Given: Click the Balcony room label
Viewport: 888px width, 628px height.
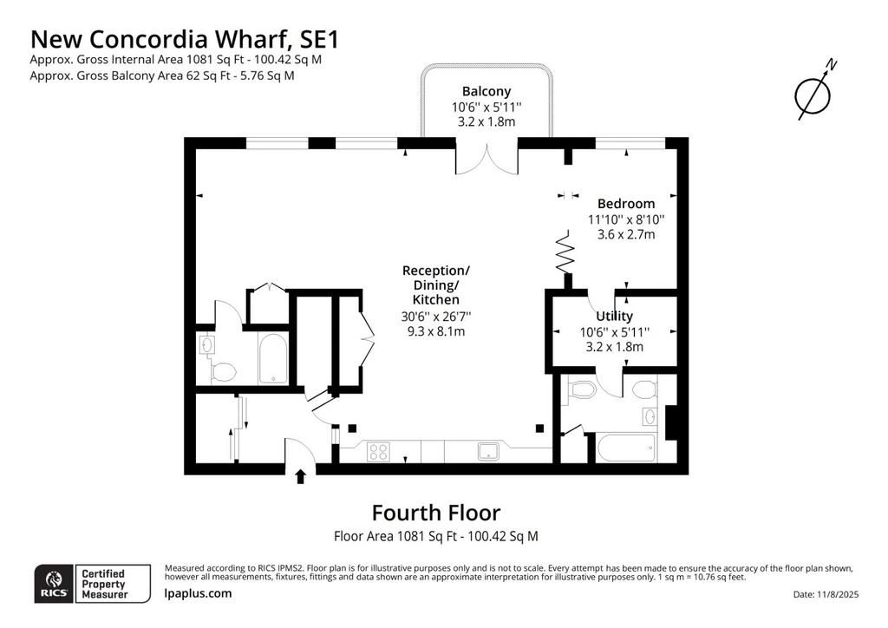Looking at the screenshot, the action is tap(486, 91).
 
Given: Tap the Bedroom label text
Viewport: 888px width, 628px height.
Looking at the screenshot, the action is tap(626, 204).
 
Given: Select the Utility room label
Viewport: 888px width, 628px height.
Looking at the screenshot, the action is tap(615, 316).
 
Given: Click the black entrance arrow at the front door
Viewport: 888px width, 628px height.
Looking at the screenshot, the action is tap(301, 477).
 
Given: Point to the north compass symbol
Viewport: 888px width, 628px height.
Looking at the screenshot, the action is tap(813, 94).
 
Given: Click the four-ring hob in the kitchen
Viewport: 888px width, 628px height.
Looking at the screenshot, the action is tap(378, 452).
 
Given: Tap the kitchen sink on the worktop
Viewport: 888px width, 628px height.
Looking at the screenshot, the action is tap(489, 451).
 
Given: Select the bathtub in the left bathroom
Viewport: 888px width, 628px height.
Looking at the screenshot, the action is tap(273, 359).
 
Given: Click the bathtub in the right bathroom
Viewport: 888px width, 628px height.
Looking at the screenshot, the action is tap(627, 448).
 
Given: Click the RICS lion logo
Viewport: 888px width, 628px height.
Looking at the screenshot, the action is tap(54, 584).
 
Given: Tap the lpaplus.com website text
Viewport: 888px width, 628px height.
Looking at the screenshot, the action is tap(198, 593).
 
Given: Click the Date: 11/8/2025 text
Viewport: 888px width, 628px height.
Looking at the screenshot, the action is tap(826, 594).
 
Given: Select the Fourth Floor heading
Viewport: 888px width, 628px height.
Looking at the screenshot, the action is tap(436, 513).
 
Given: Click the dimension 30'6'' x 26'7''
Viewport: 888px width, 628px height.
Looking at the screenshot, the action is tap(436, 317).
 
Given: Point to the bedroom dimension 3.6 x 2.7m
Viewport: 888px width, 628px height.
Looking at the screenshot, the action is tap(626, 234).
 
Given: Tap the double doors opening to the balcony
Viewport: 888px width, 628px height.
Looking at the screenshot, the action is tap(486, 159).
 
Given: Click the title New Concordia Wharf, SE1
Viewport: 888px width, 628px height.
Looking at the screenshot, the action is tap(185, 39).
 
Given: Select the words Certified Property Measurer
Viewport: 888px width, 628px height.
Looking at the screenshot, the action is tap(104, 584).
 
